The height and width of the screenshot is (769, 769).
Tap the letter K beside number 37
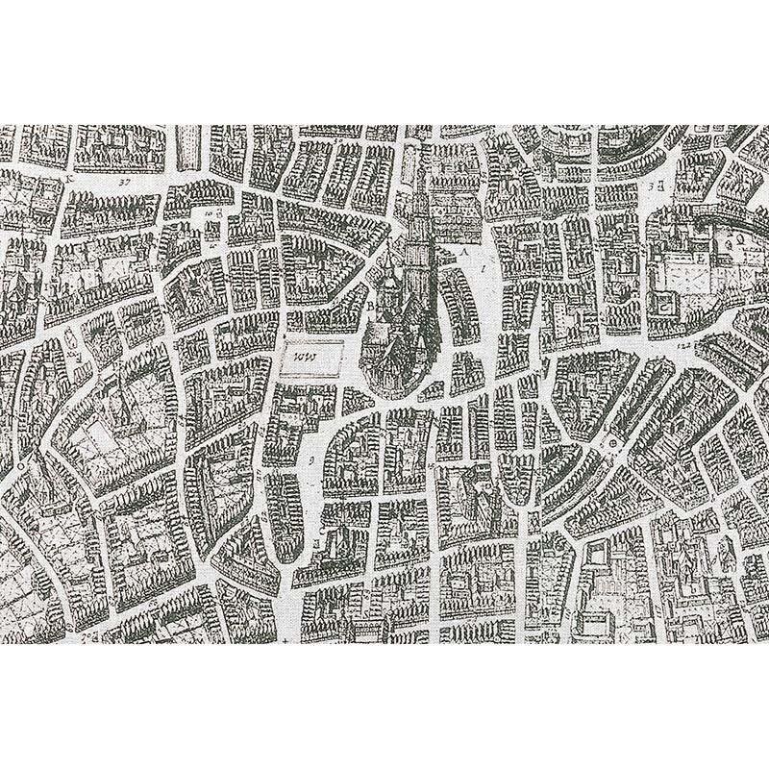[x=70, y=178]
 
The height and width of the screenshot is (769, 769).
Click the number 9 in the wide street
[x=313, y=460]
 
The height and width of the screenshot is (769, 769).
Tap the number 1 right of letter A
[x=483, y=271]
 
